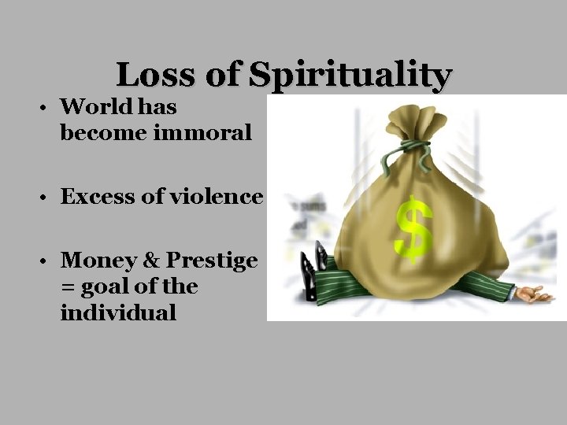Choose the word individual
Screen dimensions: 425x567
(118, 312)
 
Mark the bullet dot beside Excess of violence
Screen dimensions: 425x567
(48, 198)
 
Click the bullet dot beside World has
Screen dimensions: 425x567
(48, 108)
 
